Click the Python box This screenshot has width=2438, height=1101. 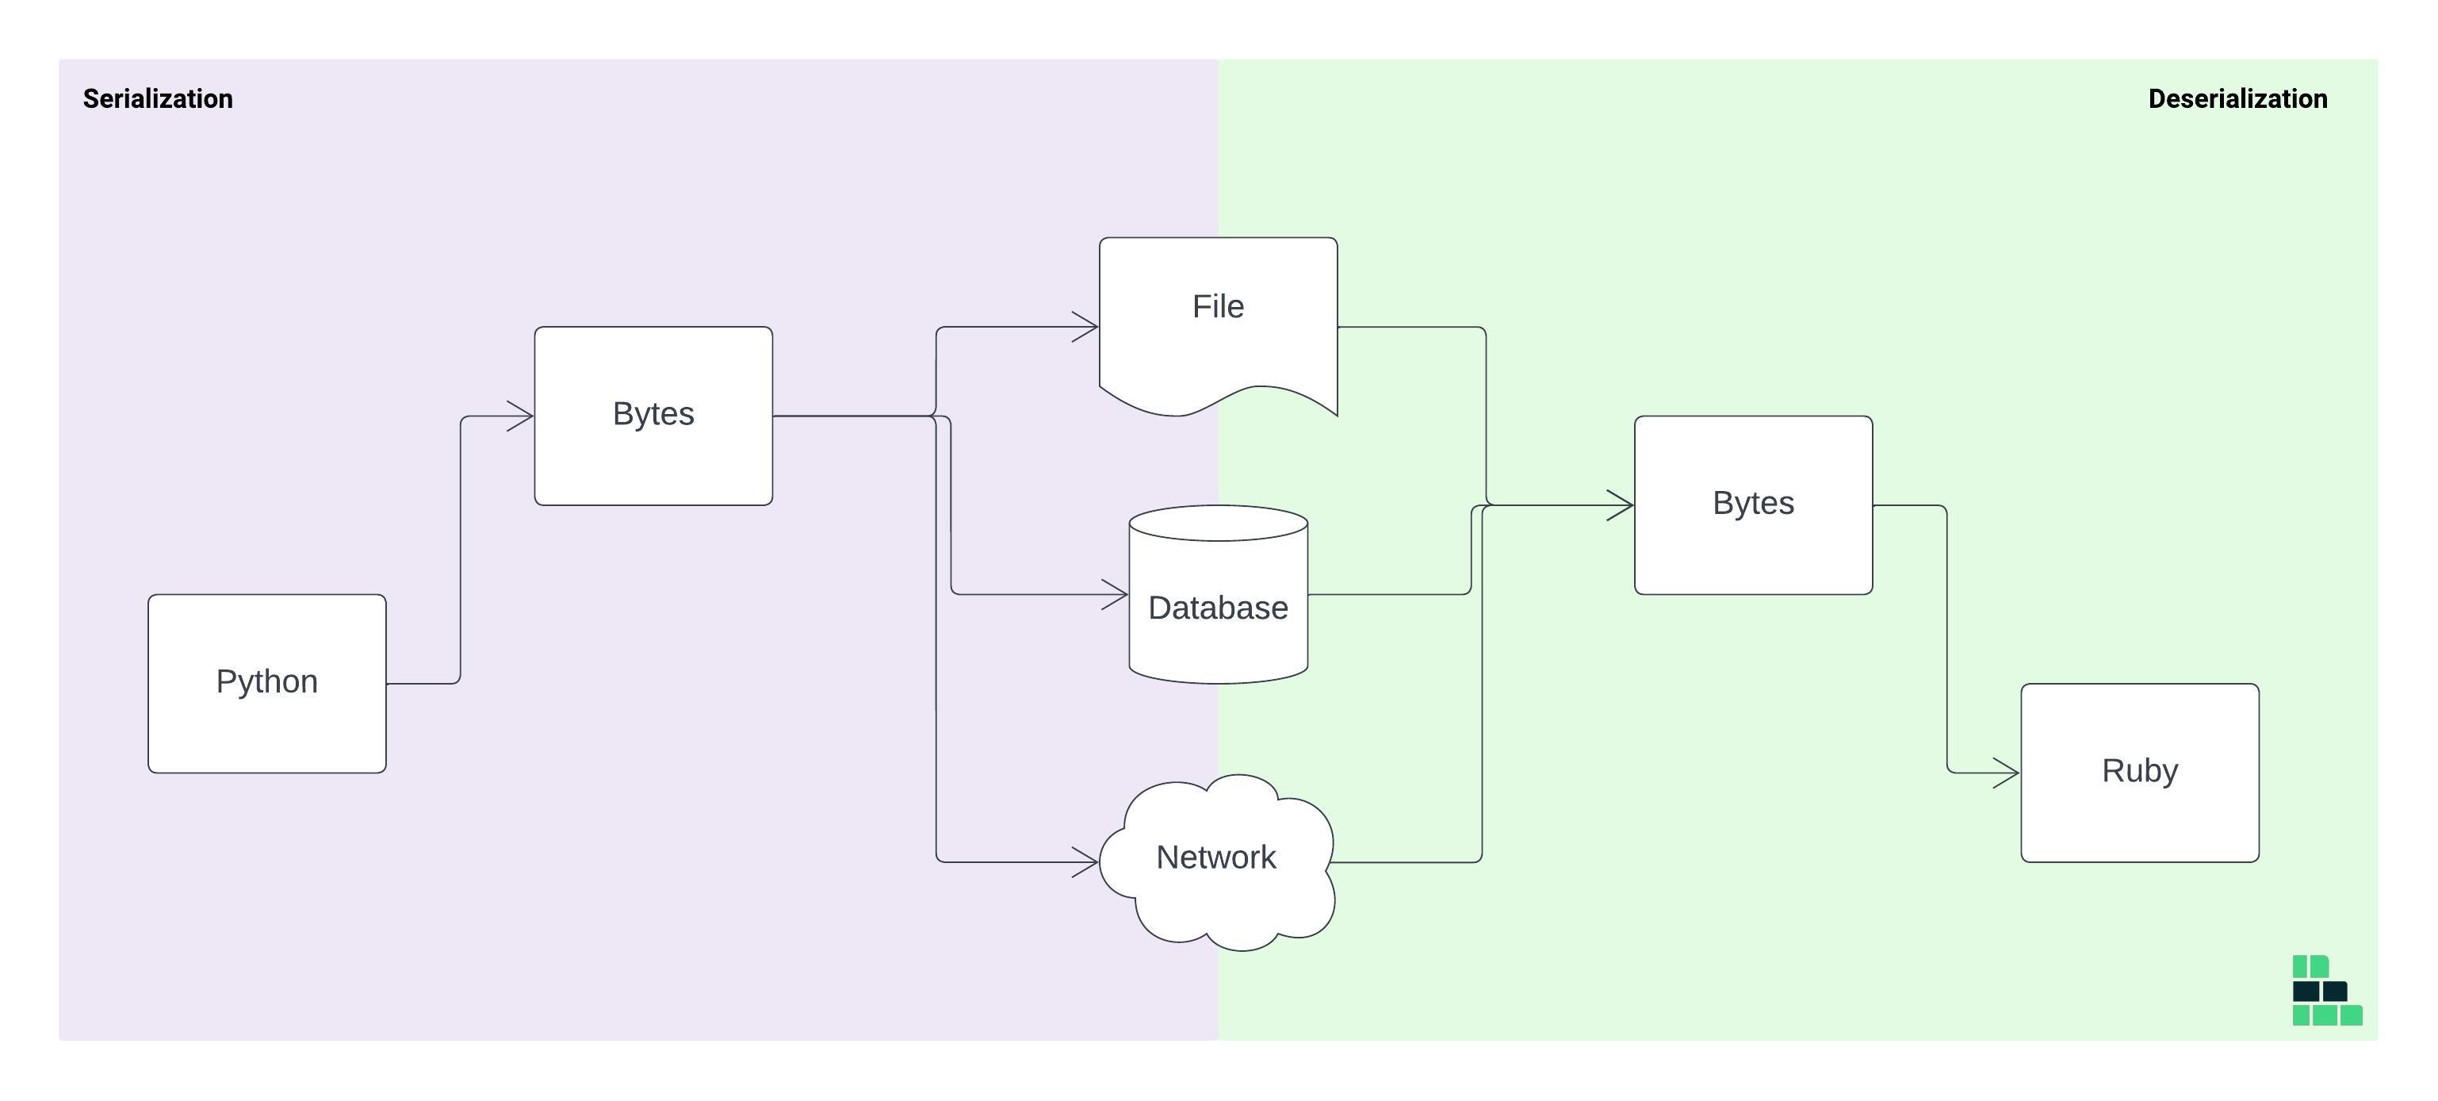[267, 684]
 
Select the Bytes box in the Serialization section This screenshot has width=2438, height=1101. [653, 416]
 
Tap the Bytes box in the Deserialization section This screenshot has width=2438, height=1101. [1753, 504]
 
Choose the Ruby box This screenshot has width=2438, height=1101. [2139, 773]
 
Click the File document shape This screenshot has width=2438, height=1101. [1218, 313]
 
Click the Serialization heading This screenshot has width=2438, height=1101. [158, 98]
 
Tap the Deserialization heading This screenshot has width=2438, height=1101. [2237, 98]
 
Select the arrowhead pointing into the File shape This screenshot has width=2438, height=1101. [1086, 327]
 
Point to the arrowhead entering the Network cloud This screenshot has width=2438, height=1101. [1086, 861]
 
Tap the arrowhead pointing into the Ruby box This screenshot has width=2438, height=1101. [2008, 773]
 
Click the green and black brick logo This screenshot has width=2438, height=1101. [2326, 990]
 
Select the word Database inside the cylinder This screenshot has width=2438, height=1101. [1218, 608]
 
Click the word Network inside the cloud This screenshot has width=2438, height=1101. [1216, 857]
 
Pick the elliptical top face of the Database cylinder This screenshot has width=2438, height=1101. [1218, 523]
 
